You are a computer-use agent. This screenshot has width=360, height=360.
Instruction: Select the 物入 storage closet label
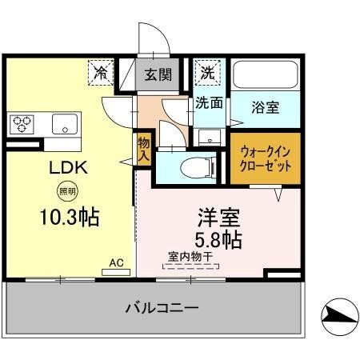pos(144,148)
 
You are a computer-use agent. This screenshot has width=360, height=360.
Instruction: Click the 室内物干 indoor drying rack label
pos(190,257)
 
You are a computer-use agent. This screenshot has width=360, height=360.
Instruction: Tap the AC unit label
pos(116,262)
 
